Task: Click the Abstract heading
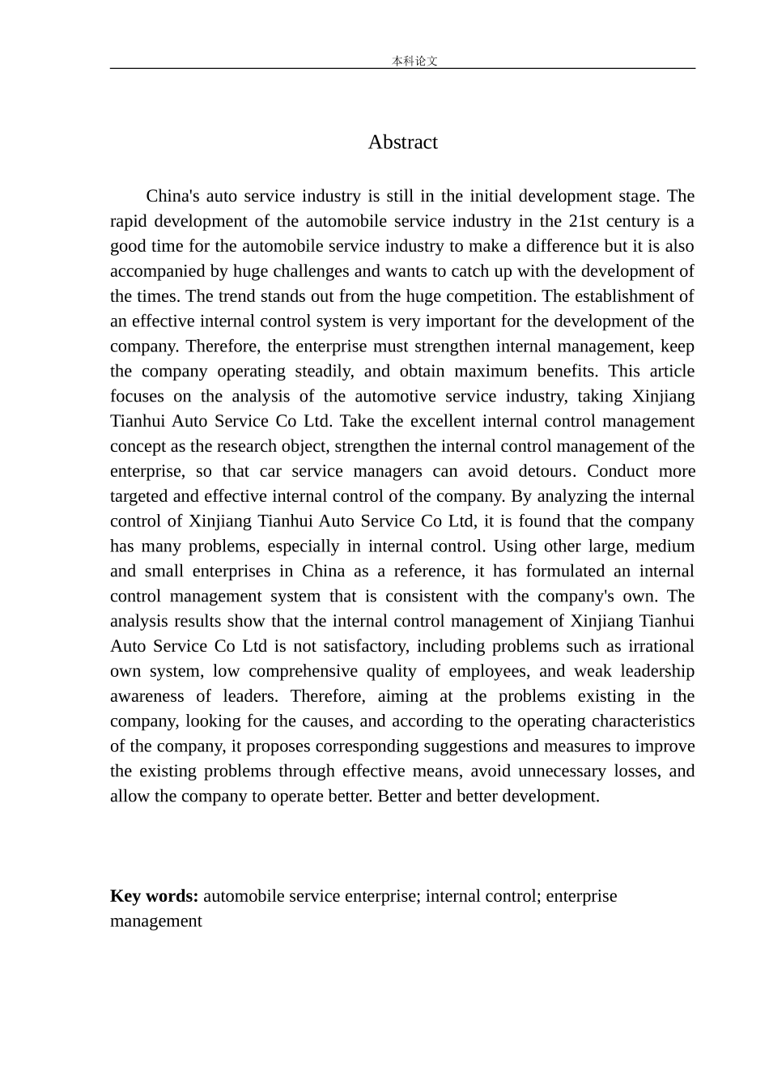pos(402,142)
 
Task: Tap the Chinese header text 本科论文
pos(414,61)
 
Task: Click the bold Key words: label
pos(154,896)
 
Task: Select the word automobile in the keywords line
pos(244,896)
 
